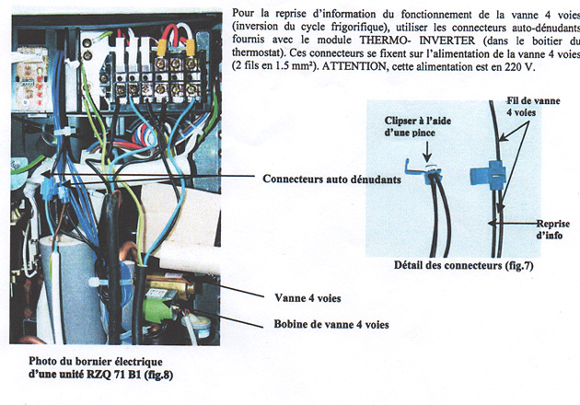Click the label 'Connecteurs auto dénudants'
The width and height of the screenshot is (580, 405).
click(x=331, y=179)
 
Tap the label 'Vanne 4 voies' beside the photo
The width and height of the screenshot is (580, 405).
click(x=307, y=298)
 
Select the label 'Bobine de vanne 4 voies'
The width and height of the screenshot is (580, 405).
click(x=331, y=324)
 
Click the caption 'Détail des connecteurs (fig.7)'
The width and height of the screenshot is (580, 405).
click(x=463, y=266)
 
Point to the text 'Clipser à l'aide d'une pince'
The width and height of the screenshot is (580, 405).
click(x=418, y=126)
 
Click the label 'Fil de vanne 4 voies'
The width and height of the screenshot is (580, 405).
click(x=533, y=107)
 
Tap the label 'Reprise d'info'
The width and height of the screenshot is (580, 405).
click(x=553, y=229)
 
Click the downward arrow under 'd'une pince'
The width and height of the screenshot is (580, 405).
click(x=427, y=152)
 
